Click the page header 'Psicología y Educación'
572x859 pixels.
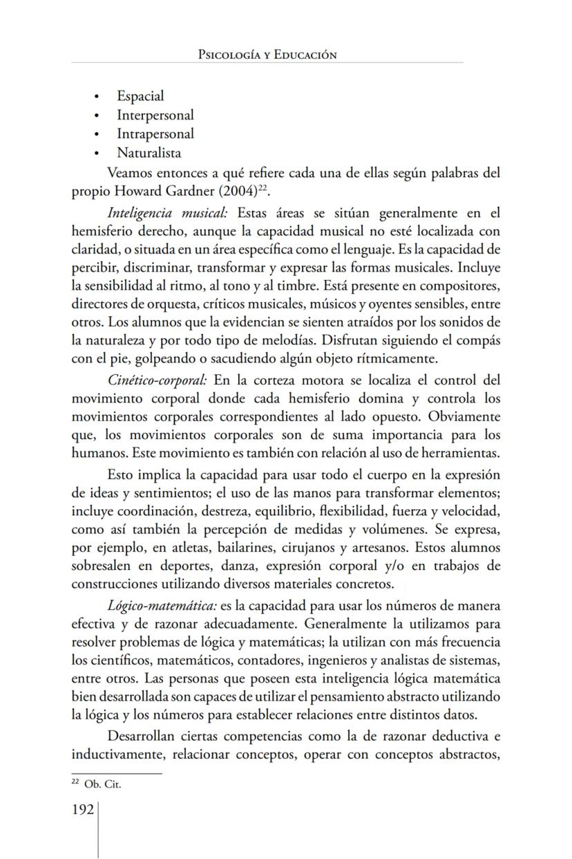click(x=267, y=55)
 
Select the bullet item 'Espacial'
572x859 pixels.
click(x=140, y=96)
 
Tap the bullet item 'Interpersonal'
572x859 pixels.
click(x=155, y=115)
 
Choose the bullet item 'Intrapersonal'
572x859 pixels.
click(x=155, y=133)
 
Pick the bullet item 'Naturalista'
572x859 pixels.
click(x=149, y=153)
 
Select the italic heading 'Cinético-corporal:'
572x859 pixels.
click(x=158, y=380)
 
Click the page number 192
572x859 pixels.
click(x=83, y=810)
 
